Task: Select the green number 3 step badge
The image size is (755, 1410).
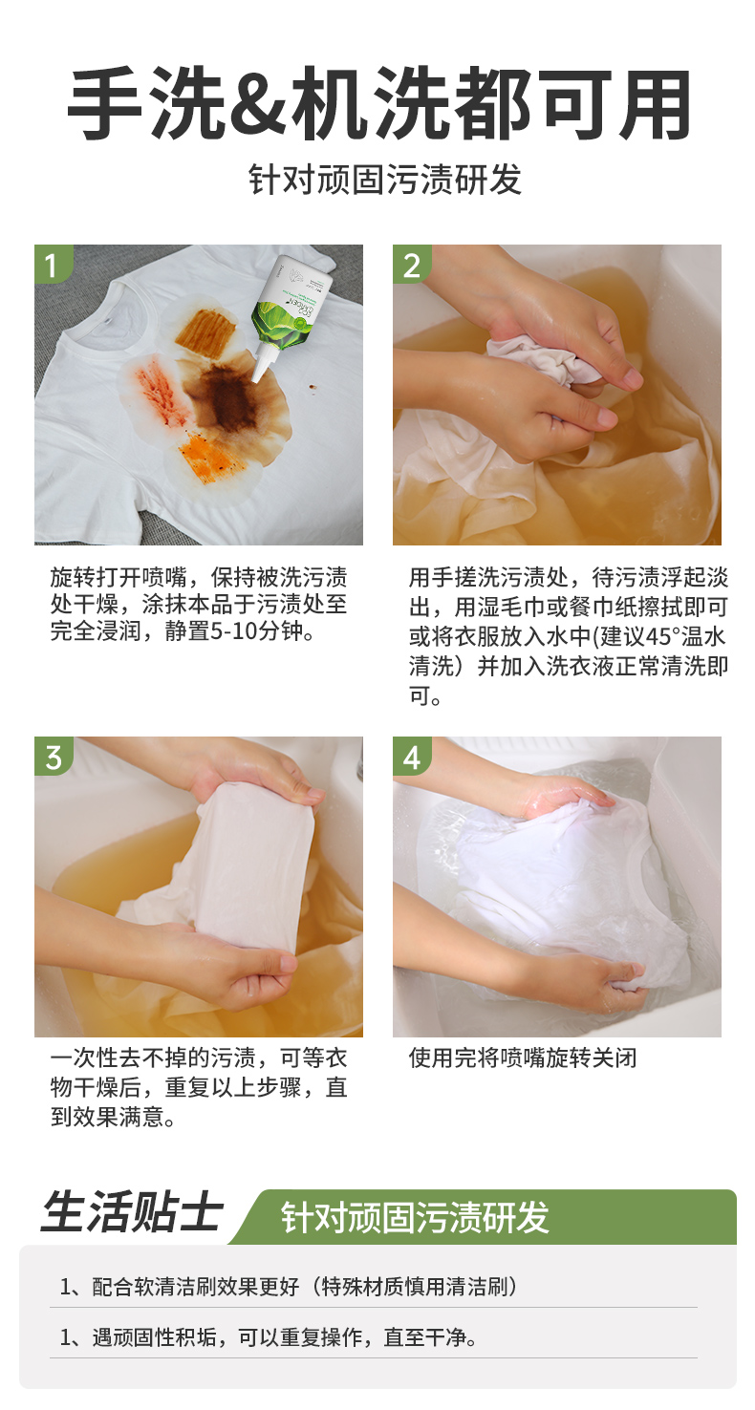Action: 53,756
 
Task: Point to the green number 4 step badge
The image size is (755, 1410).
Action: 411,756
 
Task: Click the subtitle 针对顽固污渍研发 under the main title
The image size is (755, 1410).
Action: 385,180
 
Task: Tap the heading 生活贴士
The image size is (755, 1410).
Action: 132,1212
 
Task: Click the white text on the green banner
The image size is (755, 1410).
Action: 415,1217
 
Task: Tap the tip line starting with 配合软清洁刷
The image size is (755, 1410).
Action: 289,1286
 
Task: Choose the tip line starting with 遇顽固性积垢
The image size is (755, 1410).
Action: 269,1337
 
